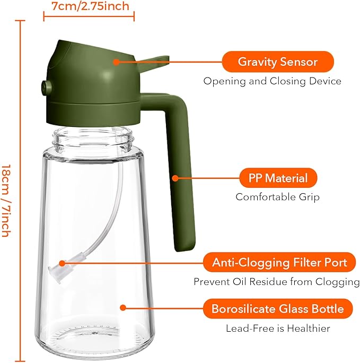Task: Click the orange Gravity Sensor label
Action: (x=277, y=62)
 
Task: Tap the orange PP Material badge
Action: (x=278, y=177)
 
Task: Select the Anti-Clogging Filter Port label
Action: (x=280, y=262)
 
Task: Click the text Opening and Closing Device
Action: (x=273, y=81)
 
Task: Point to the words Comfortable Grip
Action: (x=277, y=197)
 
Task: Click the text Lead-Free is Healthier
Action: (x=278, y=329)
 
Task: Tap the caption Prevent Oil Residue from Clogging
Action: (x=276, y=281)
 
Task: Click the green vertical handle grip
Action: (x=181, y=175)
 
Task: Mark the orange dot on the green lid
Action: (x=116, y=62)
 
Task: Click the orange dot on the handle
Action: (x=174, y=178)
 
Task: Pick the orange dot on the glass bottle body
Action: (x=122, y=307)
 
